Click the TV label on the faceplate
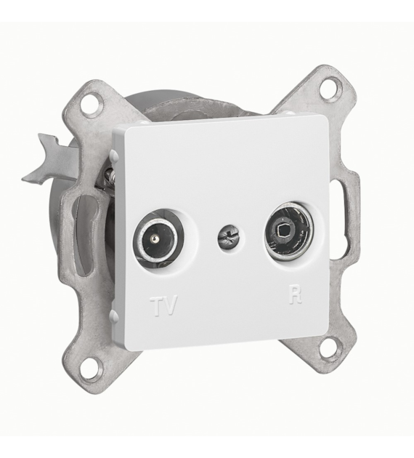163,305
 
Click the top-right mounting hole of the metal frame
330,87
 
